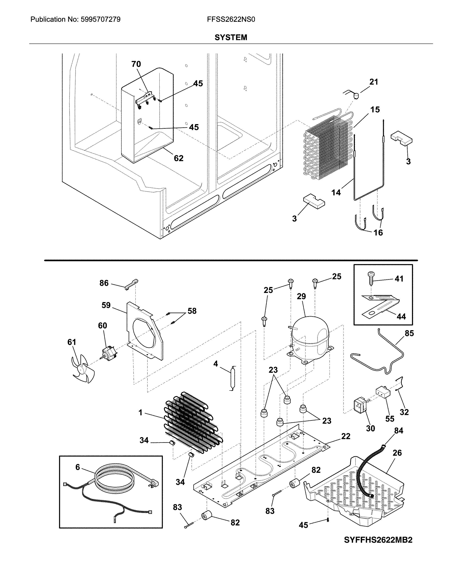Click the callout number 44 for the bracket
pyautogui.click(x=401, y=317)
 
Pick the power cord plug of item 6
pyautogui.click(x=155, y=483)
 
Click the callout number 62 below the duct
pyautogui.click(x=179, y=158)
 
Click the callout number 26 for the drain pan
pyautogui.click(x=397, y=453)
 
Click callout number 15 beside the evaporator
pyautogui.click(x=375, y=109)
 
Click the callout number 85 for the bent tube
pyautogui.click(x=409, y=333)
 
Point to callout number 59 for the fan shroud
pyautogui.click(x=106, y=305)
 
